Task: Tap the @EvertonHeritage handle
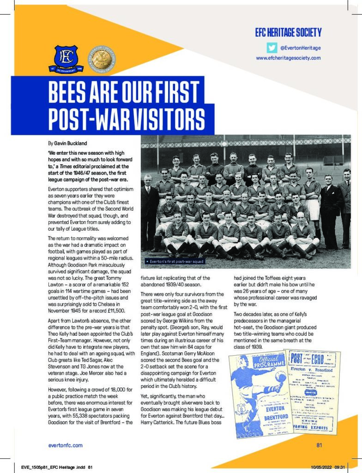pos(301,48)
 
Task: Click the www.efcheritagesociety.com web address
pos(288,58)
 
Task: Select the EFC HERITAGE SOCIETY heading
pos(288,32)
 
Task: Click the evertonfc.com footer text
pos(66,445)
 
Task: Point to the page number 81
pos(319,445)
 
